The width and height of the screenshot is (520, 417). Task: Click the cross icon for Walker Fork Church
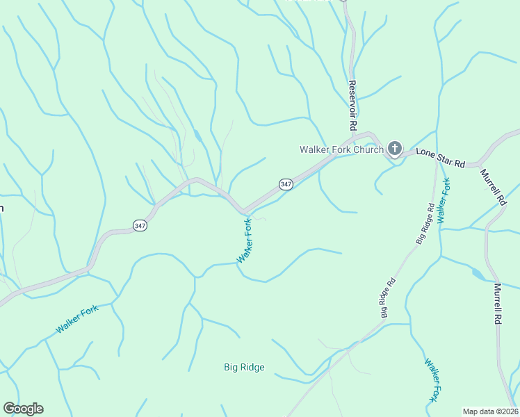tap(395, 148)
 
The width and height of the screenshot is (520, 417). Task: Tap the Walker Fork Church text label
tap(341, 149)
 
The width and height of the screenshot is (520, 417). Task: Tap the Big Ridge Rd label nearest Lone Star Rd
tap(426, 222)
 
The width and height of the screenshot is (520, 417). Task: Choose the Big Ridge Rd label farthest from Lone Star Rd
tap(388, 298)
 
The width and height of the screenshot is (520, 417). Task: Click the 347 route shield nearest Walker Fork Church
tap(286, 184)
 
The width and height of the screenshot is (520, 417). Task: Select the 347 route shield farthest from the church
tap(140, 225)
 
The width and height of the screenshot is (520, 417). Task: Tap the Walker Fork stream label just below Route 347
tap(245, 240)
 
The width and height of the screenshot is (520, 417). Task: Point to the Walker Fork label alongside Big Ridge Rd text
tap(445, 200)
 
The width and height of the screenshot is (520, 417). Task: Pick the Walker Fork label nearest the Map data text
tap(432, 379)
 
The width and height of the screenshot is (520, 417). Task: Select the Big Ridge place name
tap(244, 367)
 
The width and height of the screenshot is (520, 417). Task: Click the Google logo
tap(23, 409)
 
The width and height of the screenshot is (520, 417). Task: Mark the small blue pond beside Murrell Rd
tap(478, 274)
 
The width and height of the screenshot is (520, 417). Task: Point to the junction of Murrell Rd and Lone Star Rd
tap(480, 165)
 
